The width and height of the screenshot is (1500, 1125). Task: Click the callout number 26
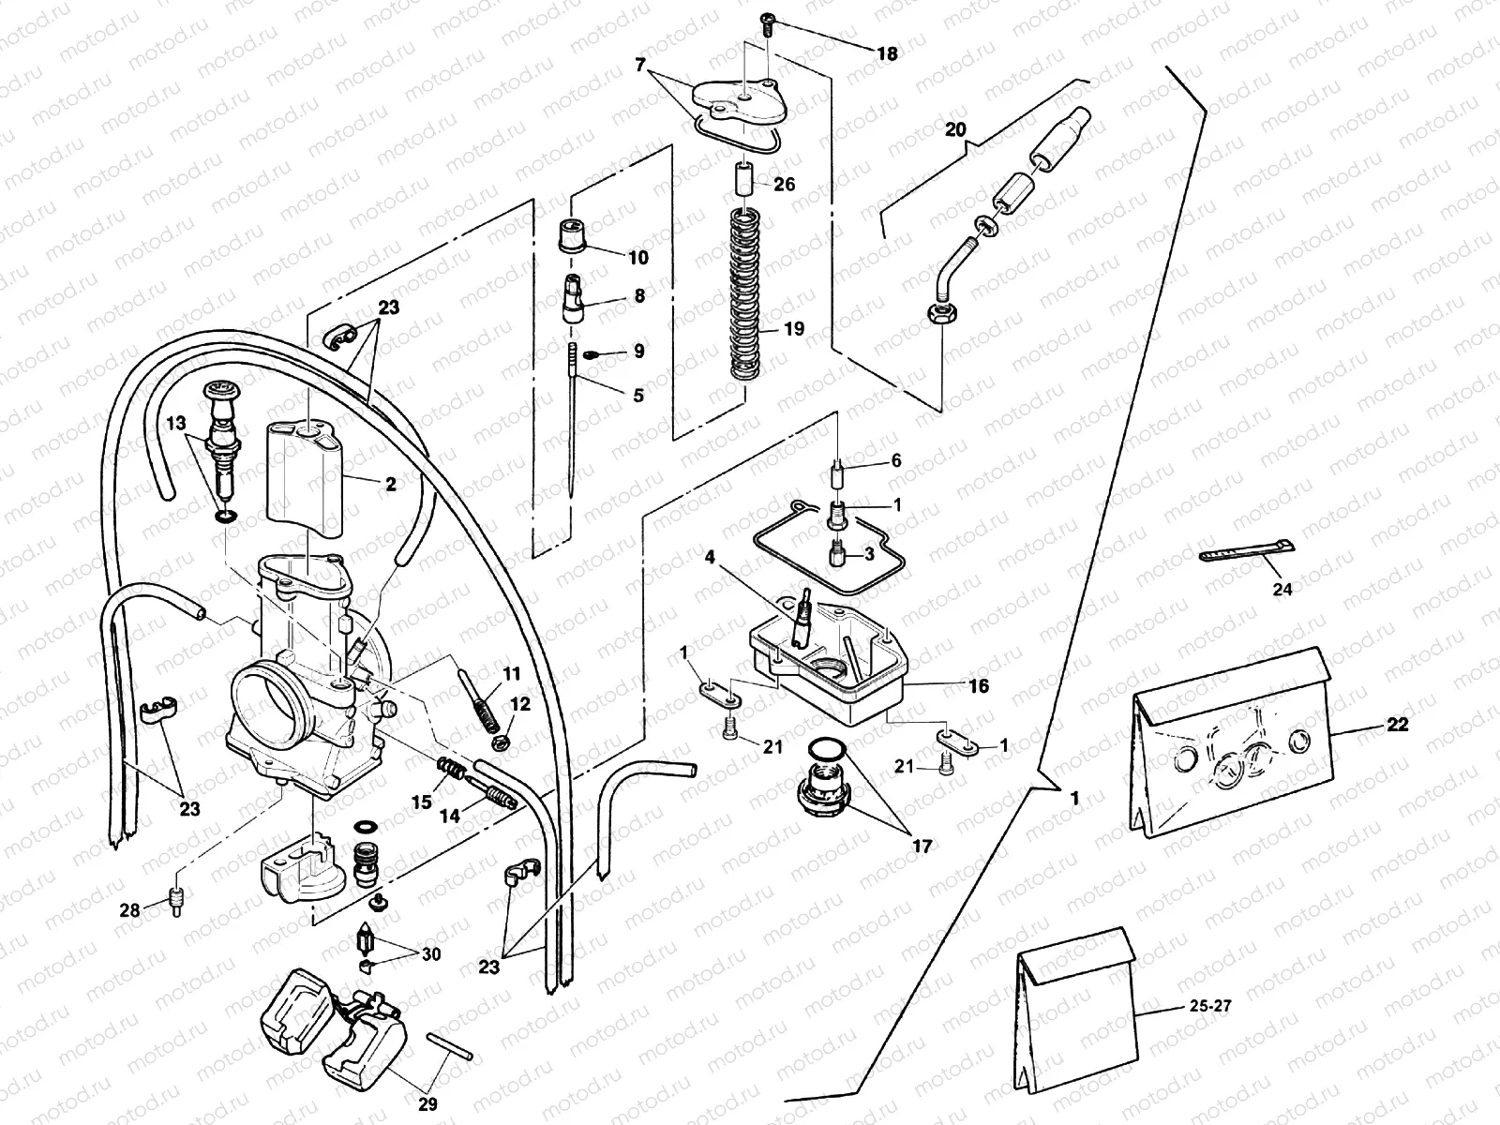coord(784,185)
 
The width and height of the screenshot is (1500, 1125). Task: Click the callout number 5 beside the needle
coord(637,396)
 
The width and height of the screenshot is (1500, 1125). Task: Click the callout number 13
coord(176,423)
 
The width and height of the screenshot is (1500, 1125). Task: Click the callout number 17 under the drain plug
coord(922,847)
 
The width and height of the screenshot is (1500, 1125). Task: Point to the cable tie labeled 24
coord(1247,554)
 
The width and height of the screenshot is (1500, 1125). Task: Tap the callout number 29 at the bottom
coord(427,1105)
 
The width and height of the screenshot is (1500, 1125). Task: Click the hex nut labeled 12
coord(501,742)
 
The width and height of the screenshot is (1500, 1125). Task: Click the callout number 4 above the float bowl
coord(710,557)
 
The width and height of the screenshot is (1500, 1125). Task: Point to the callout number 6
coord(895,460)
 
